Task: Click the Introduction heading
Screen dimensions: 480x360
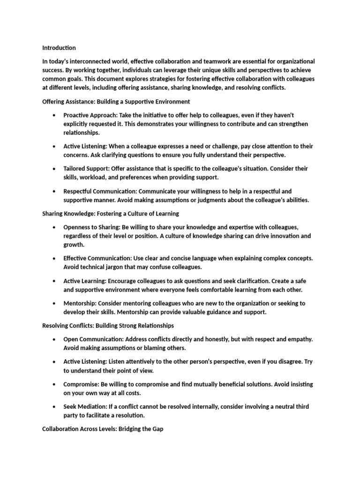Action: tap(59, 48)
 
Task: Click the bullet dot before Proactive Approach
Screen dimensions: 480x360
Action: tap(55, 115)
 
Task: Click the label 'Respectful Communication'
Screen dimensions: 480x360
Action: tap(99, 191)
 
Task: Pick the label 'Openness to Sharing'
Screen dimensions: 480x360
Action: tap(92, 227)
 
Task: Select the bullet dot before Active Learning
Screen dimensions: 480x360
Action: tap(55, 281)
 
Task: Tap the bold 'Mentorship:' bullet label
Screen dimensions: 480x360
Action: tap(81, 303)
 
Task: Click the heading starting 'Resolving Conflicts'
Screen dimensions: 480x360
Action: tap(108, 325)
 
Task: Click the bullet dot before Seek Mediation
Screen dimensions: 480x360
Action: tap(55, 407)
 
